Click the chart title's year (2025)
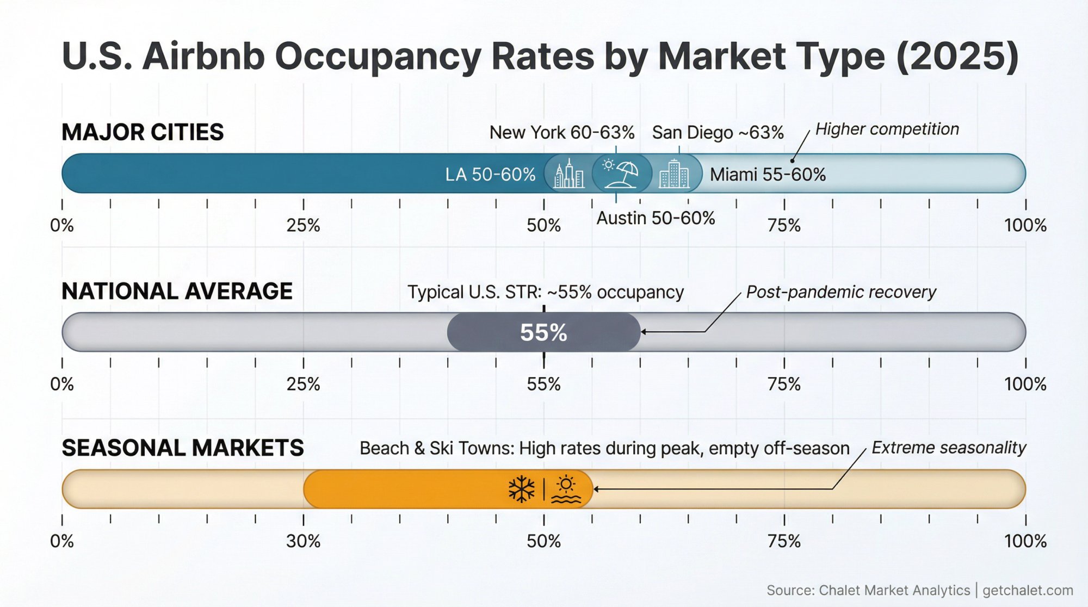957,56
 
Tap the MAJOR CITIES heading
143,132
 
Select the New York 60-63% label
561,132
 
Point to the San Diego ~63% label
718,132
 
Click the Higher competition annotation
887,129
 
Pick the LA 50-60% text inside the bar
490,174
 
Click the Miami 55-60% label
768,174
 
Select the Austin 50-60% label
656,218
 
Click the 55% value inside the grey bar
543,332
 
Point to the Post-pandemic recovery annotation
841,292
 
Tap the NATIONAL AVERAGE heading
177,291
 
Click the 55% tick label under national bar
543,384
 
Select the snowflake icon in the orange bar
521,489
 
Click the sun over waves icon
566,489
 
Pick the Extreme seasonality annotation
948,448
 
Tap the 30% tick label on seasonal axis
303,541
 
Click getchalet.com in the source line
1028,590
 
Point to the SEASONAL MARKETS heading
182,448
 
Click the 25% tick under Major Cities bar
303,225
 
